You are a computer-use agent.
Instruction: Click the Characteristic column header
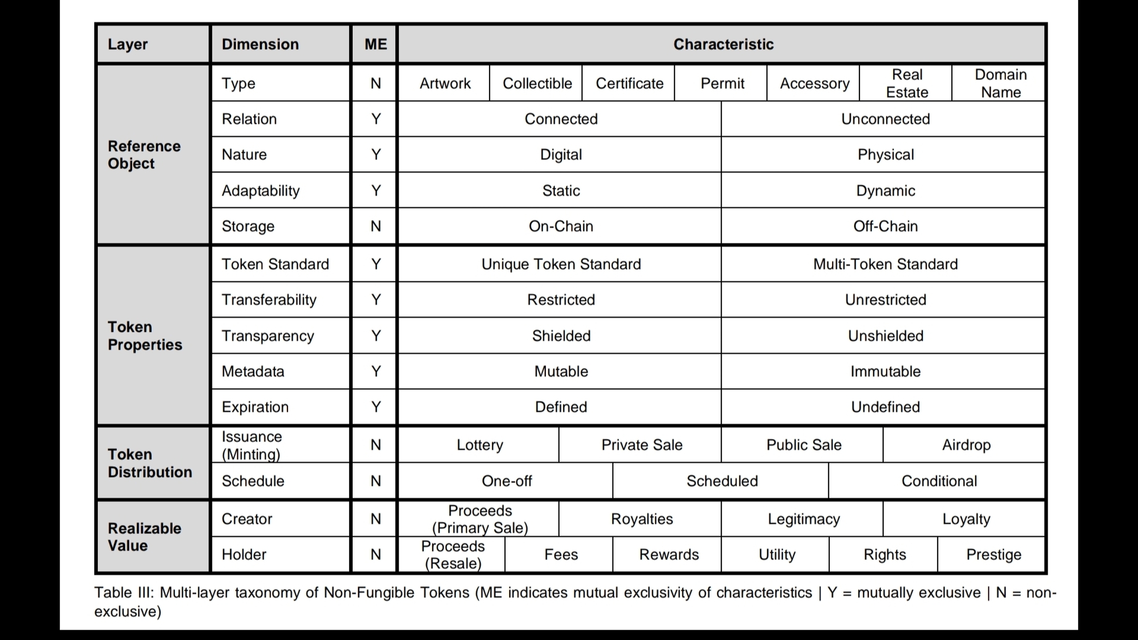[x=723, y=44]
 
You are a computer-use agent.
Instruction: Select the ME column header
[x=375, y=44]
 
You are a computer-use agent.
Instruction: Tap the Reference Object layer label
[x=144, y=155]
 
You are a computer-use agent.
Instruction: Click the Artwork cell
[x=445, y=83]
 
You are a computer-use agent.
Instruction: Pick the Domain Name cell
[x=1000, y=83]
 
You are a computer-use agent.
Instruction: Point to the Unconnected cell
[x=885, y=119]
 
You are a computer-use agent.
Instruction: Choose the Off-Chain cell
[x=885, y=226]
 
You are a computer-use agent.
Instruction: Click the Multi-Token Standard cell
[x=885, y=264]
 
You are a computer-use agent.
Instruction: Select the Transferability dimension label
[x=269, y=300]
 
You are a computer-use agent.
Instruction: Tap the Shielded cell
[x=561, y=336]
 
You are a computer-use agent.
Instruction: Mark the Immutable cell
[x=885, y=371]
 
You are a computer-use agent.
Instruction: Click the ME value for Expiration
[x=375, y=407]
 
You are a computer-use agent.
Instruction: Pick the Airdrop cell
[x=966, y=445]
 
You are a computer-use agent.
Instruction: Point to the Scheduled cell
[x=722, y=481]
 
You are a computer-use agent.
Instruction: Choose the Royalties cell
[x=642, y=519]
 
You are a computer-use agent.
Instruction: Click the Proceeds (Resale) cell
[x=453, y=555]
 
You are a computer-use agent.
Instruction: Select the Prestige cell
[x=993, y=555]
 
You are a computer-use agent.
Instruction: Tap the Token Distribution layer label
[x=150, y=463]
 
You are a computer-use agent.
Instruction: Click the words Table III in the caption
[x=124, y=593]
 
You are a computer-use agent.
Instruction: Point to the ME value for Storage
[x=375, y=226]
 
